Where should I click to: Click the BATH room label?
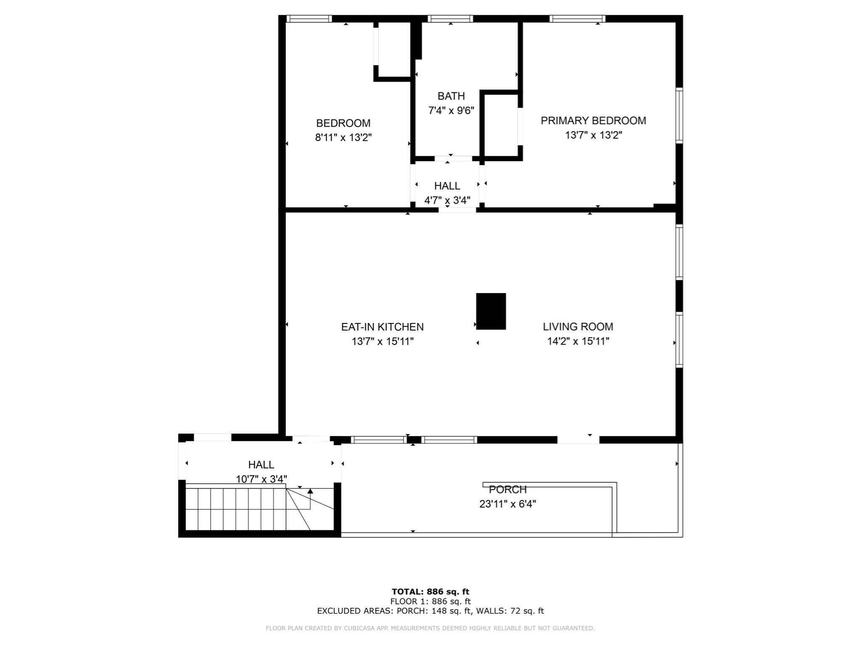[451, 96]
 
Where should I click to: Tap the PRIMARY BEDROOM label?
[593, 121]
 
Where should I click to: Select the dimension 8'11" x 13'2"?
[343, 138]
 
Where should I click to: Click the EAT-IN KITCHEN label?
[382, 327]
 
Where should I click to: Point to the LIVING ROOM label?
[578, 326]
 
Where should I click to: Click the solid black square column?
[491, 311]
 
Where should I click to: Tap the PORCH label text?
[507, 490]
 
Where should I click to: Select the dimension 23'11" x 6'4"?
[507, 504]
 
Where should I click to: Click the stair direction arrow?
[310, 491]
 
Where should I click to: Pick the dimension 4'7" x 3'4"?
[447, 200]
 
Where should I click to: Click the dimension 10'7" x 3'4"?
[261, 479]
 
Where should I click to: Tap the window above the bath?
[450, 19]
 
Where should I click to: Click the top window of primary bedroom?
[577, 19]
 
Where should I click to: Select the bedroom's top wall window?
[309, 19]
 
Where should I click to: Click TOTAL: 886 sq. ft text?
[430, 592]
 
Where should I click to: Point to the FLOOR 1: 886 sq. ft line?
[430, 601]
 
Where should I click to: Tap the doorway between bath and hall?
[453, 159]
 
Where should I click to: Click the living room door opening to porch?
[578, 439]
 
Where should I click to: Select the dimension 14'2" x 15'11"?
[578, 341]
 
